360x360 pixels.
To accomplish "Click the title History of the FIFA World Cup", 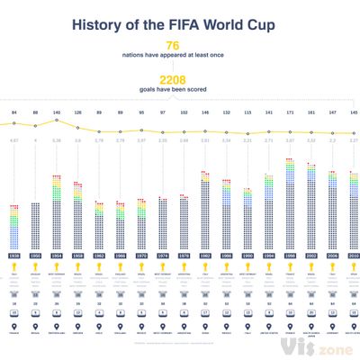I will click(x=179, y=22).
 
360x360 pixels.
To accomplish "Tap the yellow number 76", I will click(x=171, y=45).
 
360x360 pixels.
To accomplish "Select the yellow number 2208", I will click(x=171, y=79).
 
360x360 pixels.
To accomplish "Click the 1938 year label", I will click(x=14, y=256).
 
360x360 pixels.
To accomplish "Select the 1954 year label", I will click(x=58, y=256).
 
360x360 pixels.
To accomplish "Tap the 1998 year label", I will click(x=290, y=256).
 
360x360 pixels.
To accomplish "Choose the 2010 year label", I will click(x=354, y=256).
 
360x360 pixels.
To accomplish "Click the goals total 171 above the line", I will click(x=290, y=112).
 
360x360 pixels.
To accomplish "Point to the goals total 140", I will click(x=58, y=112).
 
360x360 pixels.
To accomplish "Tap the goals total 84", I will click(x=14, y=112).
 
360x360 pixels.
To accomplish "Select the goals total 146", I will click(x=205, y=112).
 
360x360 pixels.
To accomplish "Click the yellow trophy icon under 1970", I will click(x=141, y=269).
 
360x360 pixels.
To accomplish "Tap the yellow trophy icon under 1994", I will click(x=269, y=269).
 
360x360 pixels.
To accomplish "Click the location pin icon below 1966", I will click(x=121, y=327).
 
